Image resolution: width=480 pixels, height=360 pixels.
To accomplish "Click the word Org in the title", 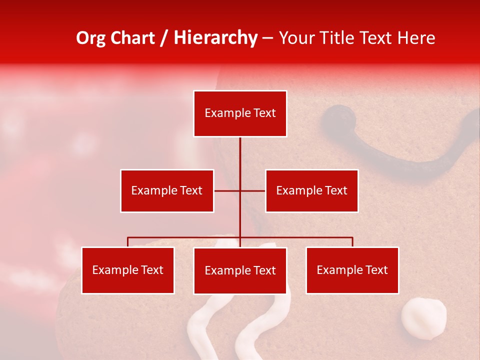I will coord(90,38).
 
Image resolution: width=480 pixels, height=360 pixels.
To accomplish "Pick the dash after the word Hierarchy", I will coord(267,38).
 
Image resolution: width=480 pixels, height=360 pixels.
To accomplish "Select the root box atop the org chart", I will coord(240,113).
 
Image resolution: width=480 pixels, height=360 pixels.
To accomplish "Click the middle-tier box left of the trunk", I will coord(167,190).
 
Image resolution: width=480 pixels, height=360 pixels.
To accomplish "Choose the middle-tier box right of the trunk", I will coord(311,190).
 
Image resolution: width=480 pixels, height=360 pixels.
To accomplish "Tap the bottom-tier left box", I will coord(128,270).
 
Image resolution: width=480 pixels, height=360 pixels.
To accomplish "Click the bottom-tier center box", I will coord(240,270).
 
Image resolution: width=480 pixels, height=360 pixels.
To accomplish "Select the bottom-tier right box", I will coord(352,270).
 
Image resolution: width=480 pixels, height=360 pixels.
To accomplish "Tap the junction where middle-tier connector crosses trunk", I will coord(240,190).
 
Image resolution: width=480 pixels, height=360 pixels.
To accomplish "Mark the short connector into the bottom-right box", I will coord(352,242).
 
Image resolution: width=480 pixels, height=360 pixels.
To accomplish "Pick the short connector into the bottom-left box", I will coord(128,242).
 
